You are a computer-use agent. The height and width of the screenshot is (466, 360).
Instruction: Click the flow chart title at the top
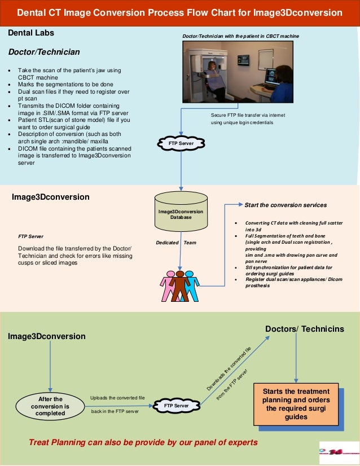click(179, 12)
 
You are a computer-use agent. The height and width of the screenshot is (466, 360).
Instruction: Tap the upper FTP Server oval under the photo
click(181, 144)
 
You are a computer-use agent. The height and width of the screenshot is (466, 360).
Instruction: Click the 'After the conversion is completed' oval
click(50, 406)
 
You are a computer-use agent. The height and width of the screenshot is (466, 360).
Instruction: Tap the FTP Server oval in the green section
click(176, 406)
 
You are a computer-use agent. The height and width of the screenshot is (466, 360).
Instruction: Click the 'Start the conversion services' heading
click(285, 204)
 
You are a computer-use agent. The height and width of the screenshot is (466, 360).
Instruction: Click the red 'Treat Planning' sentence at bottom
click(143, 442)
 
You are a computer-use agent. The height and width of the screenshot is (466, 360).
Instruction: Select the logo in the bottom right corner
click(338, 452)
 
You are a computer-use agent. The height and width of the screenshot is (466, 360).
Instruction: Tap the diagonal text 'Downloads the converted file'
click(229, 369)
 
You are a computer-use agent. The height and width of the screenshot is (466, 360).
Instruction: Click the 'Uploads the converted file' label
click(117, 398)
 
